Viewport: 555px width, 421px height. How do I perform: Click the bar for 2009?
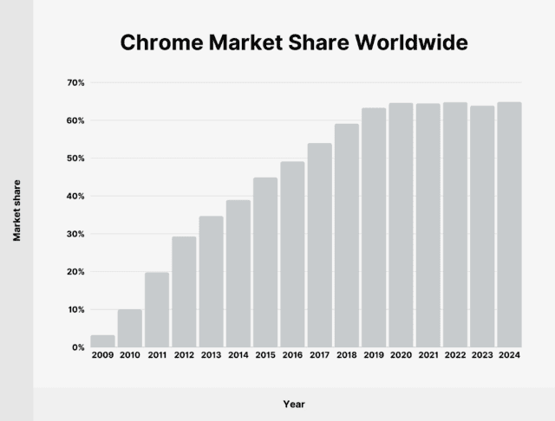102,340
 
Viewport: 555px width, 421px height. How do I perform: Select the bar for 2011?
157,309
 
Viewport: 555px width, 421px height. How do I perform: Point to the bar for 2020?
401,224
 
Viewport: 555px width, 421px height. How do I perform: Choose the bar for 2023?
482,226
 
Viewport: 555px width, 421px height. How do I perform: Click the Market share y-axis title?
16,210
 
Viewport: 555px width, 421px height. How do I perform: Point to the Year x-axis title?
293,404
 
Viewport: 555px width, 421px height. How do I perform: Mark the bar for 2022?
455,224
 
